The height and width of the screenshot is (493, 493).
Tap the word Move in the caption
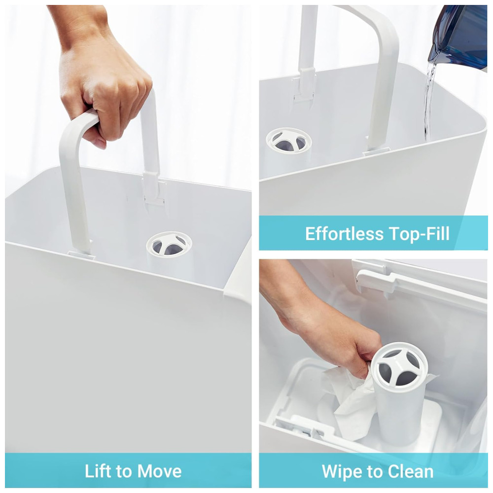click(159, 471)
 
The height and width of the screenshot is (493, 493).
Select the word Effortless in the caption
click(345, 234)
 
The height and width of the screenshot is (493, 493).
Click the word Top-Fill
click(420, 234)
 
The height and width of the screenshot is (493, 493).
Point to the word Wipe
click(342, 472)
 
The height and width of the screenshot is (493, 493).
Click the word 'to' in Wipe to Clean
click(375, 472)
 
